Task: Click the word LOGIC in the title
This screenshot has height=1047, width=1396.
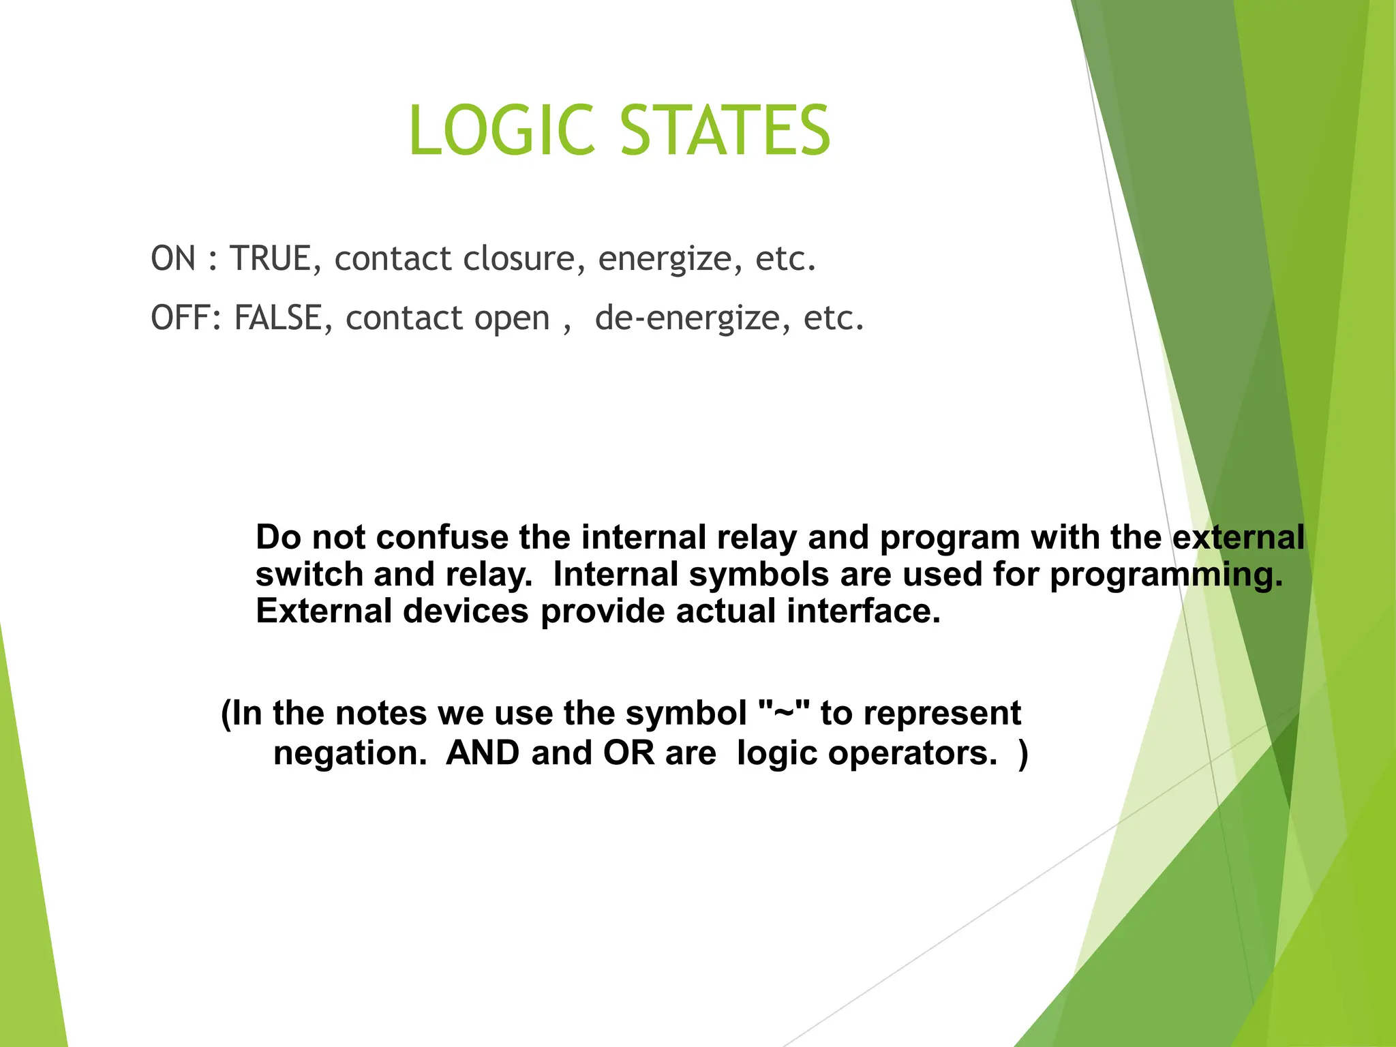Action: [501, 130]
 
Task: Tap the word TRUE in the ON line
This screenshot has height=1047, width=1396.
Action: [271, 259]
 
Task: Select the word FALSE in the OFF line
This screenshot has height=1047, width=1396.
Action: [277, 318]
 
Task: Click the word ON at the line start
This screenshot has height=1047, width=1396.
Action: [173, 259]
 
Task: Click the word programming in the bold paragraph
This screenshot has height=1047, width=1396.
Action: [1166, 574]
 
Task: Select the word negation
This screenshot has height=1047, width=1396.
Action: [350, 753]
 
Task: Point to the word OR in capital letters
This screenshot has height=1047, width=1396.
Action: [628, 753]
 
